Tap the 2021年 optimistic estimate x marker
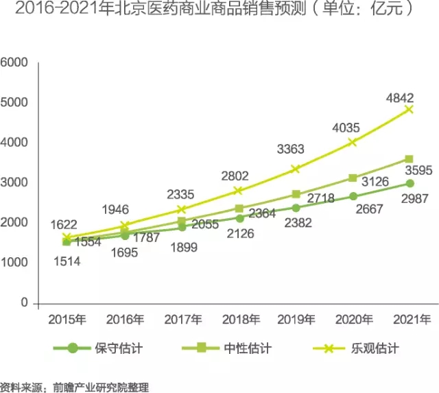coord(410,109)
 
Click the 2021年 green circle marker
coord(410,183)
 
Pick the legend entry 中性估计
coord(247,348)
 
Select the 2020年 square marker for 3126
coord(353,178)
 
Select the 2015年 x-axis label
coord(67,319)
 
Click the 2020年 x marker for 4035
coord(353,142)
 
